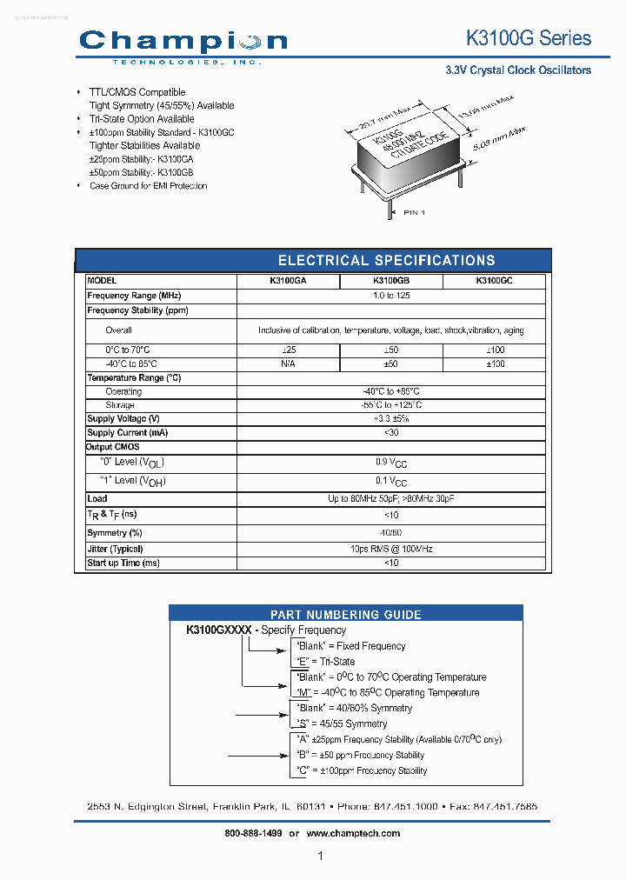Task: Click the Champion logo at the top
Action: pyautogui.click(x=183, y=42)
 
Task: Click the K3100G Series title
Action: pyautogui.click(x=529, y=38)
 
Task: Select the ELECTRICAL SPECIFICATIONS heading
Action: pyautogui.click(x=386, y=260)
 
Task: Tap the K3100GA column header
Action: pyautogui.click(x=288, y=282)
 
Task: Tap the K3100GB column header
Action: pyautogui.click(x=390, y=282)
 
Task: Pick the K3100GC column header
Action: pyautogui.click(x=494, y=282)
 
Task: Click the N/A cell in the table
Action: pyautogui.click(x=288, y=363)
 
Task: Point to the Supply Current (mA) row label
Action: pyautogui.click(x=127, y=432)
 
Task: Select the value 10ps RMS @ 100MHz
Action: pyautogui.click(x=390, y=549)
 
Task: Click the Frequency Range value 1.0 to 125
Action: pyautogui.click(x=390, y=296)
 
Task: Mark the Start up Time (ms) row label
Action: pyautogui.click(x=123, y=563)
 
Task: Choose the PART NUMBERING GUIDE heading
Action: pyautogui.click(x=345, y=614)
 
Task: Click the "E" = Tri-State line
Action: pyautogui.click(x=326, y=662)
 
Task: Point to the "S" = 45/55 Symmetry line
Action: pyautogui.click(x=342, y=723)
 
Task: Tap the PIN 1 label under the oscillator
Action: pyautogui.click(x=414, y=212)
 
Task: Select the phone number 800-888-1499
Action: pyautogui.click(x=252, y=833)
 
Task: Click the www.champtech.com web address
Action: pyautogui.click(x=353, y=833)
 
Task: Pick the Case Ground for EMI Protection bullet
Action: pyautogui.click(x=148, y=186)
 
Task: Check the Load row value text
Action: pyautogui.click(x=390, y=498)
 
